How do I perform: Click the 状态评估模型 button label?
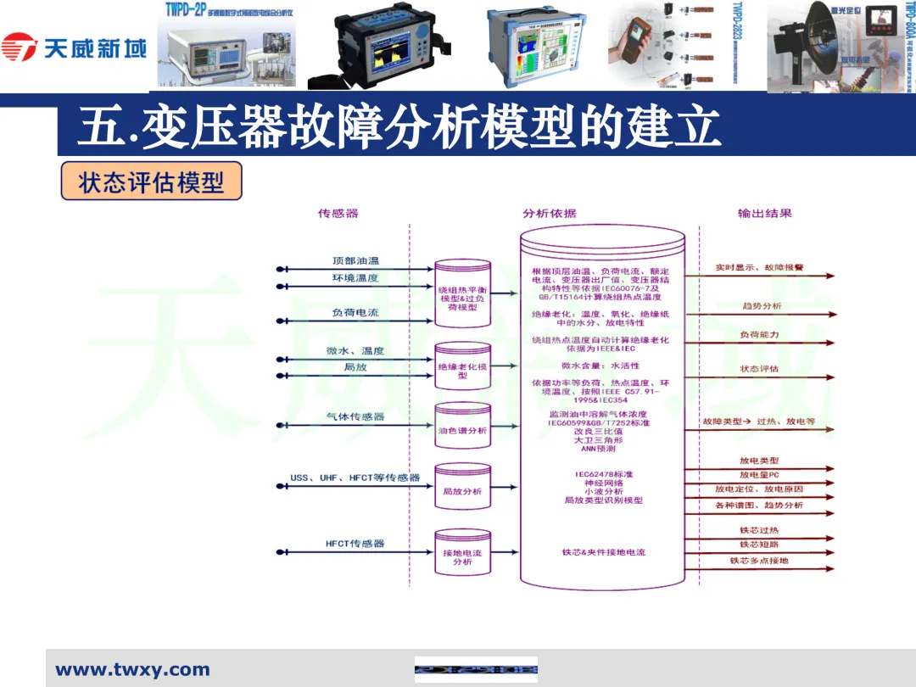pyautogui.click(x=152, y=182)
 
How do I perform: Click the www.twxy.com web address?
pyautogui.click(x=132, y=670)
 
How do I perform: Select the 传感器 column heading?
pyautogui.click(x=338, y=213)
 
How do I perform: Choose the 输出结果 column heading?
pyautogui.click(x=764, y=213)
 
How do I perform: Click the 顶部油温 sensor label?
pyautogui.click(x=355, y=260)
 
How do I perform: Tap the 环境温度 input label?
pyautogui.click(x=355, y=278)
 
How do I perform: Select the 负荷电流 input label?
pyautogui.click(x=355, y=313)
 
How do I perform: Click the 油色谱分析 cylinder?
pyautogui.click(x=462, y=430)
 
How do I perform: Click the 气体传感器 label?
pyautogui.click(x=355, y=416)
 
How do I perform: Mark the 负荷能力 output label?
pyautogui.click(x=759, y=335)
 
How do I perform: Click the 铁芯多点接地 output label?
pyautogui.click(x=759, y=561)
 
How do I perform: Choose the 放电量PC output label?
pyautogui.click(x=759, y=475)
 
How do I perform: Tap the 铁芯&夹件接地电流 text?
pyautogui.click(x=603, y=552)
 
